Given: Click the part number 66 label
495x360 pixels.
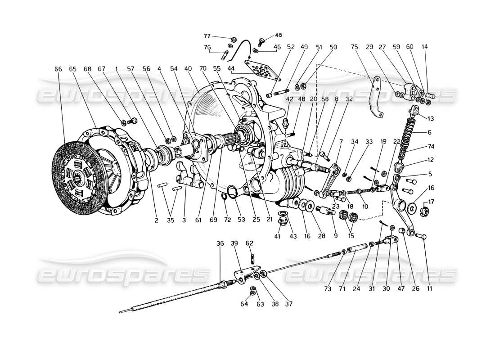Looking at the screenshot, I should (x=58, y=69).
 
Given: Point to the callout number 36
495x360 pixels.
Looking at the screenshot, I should (x=220, y=243).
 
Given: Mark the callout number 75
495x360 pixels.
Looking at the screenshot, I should (x=355, y=46).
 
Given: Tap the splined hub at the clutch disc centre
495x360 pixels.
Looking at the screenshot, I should (x=78, y=174).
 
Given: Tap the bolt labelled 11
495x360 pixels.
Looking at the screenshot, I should (x=424, y=237).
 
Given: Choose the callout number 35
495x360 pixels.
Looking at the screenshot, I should (x=170, y=220).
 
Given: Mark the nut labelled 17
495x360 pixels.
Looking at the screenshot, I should (x=424, y=209).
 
